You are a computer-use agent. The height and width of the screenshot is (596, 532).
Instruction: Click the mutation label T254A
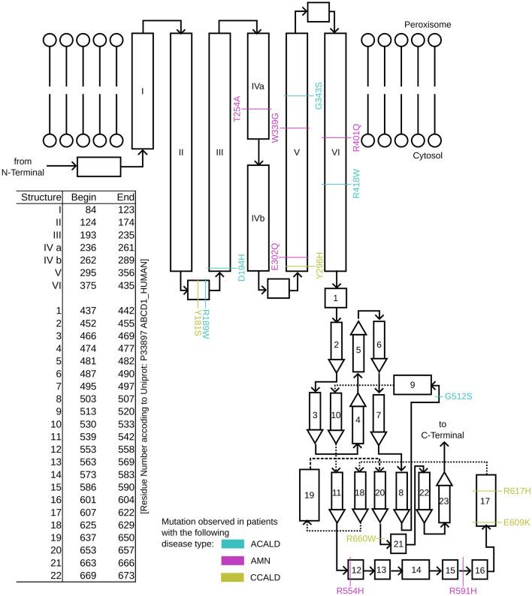click(237, 110)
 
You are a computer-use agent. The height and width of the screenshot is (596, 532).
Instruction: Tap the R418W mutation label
click(357, 184)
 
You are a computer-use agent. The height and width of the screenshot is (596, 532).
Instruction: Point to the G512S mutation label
click(458, 394)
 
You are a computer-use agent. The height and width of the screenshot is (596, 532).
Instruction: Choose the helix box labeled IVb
click(258, 218)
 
